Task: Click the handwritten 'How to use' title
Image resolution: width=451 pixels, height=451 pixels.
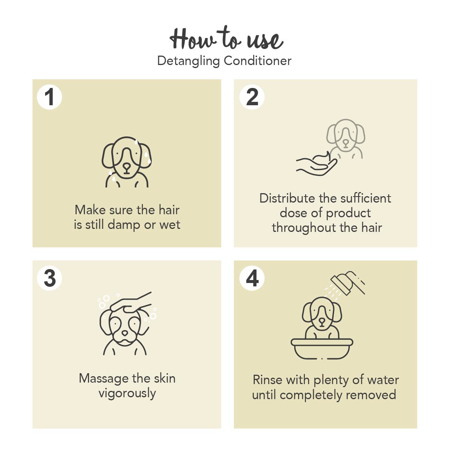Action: [x=226, y=39]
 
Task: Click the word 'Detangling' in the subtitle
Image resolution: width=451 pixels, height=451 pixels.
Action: [x=188, y=61]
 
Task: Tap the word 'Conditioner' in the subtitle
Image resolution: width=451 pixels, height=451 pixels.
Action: [x=257, y=61]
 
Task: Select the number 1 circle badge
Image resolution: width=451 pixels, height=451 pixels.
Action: [x=49, y=97]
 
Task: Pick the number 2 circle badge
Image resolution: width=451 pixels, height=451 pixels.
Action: [x=252, y=97]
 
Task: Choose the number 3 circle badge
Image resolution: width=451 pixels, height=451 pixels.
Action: [x=49, y=278]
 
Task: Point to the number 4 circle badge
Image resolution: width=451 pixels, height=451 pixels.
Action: [x=252, y=278]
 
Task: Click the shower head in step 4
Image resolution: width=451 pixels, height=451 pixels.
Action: [x=348, y=283]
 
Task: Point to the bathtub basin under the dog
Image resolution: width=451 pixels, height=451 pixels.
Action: [x=322, y=348]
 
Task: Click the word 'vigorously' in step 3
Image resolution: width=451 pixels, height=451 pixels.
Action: [x=127, y=393]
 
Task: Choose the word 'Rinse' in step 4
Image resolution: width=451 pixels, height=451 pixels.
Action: [x=268, y=380]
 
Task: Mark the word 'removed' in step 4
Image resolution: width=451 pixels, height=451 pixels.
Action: [x=371, y=395]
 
